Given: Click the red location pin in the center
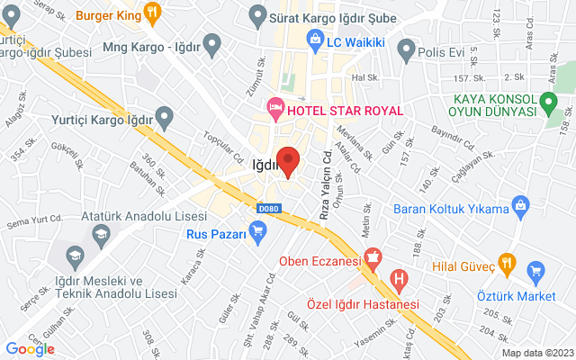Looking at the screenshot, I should coord(288,160).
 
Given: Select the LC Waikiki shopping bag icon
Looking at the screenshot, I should coord(314,39).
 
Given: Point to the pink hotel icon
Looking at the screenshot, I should coord(275,110).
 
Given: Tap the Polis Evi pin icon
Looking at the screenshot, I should coord(407,47).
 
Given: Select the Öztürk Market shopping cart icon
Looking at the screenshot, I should coord(537,271).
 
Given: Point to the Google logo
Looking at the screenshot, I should coord(30,348).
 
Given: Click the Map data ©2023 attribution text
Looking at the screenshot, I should coord(536,352).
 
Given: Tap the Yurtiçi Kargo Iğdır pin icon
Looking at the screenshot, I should coord(164,115).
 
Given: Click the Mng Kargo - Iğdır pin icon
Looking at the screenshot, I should coord(212,42).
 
